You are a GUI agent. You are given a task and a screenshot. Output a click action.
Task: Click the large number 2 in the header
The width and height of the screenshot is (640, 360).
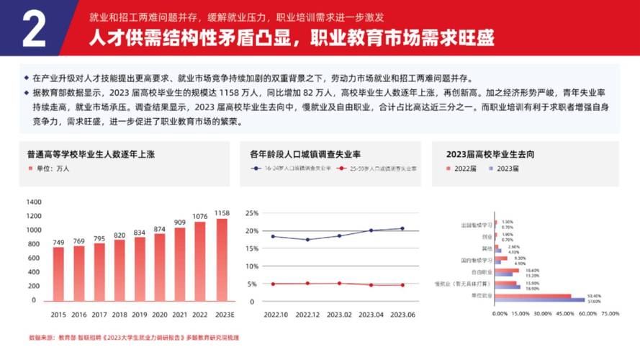click(x=35, y=28)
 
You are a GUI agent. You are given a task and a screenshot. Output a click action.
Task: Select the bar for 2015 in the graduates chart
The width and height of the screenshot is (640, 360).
click(x=58, y=274)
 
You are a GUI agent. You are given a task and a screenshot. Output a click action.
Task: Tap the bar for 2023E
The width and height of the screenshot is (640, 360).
click(x=222, y=260)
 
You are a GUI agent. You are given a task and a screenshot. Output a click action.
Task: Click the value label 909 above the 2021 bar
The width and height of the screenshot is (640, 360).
click(x=180, y=222)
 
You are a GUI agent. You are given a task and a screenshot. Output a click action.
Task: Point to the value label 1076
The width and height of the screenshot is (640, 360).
click(x=200, y=215)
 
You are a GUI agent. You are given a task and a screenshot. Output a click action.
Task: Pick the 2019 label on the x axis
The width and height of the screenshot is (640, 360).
click(x=140, y=315)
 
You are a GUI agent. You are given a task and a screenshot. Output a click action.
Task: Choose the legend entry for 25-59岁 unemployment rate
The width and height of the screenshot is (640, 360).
click(x=377, y=168)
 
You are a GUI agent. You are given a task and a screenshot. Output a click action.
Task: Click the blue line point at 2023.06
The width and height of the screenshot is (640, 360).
click(x=402, y=228)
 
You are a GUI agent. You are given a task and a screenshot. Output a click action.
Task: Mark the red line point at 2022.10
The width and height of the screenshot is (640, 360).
click(x=273, y=284)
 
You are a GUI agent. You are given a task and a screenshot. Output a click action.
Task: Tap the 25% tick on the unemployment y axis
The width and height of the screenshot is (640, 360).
click(x=251, y=213)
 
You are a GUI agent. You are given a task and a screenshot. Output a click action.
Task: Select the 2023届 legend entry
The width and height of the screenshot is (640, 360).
click(x=503, y=168)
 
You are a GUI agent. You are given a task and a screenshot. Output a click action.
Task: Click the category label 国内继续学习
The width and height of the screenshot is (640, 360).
click(x=477, y=258)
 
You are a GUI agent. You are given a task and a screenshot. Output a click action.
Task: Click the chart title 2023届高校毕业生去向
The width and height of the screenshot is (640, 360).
click(x=490, y=154)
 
